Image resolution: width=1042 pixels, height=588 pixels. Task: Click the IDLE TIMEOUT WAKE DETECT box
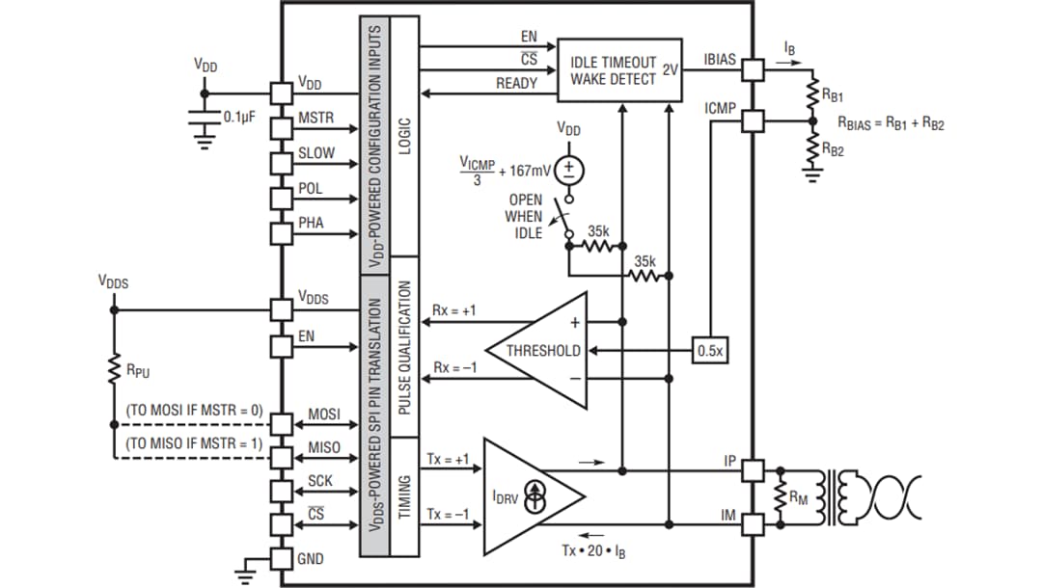619,69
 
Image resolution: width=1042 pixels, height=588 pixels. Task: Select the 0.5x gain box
709,351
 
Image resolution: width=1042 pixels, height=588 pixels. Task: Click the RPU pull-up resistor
113,368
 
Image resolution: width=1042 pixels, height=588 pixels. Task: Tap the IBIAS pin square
753,69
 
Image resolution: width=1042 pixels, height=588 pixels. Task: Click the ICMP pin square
753,120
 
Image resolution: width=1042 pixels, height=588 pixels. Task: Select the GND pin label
311,559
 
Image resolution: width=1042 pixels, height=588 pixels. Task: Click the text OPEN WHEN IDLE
524,216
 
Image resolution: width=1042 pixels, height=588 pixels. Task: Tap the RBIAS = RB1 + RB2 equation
891,125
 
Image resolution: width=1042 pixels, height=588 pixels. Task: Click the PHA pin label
311,223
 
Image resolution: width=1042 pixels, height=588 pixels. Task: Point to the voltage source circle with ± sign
569,170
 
